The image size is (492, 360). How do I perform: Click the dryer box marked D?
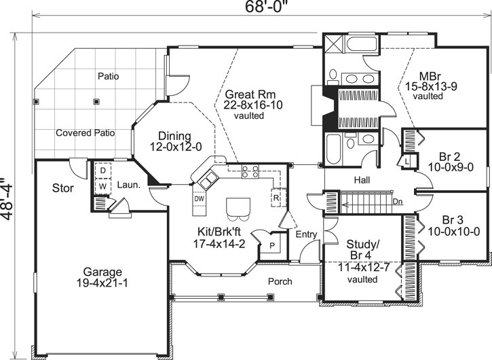pos(103,170)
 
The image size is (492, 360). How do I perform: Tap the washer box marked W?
pos(103,185)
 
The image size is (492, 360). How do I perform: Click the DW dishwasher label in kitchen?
pos(199,199)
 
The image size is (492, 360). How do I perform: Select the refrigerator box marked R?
pos(277,198)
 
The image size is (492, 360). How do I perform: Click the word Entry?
pos(306,235)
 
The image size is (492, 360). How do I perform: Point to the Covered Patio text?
pos(85,132)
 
